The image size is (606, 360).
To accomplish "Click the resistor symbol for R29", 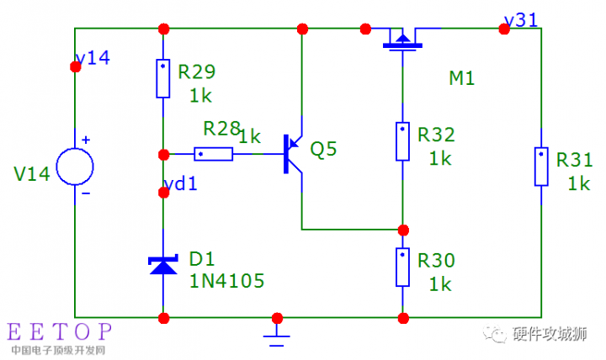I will pyautogui.click(x=163, y=78).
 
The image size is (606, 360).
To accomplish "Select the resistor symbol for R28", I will pyautogui.click(x=214, y=154).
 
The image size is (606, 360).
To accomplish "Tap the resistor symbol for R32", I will pyautogui.click(x=402, y=140).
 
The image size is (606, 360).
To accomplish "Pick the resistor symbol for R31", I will pyautogui.click(x=540, y=167).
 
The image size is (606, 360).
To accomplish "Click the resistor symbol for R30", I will pyautogui.click(x=402, y=268).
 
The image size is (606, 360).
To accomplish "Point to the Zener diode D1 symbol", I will pyautogui.click(x=163, y=264).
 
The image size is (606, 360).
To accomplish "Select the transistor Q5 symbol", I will pyautogui.click(x=294, y=154).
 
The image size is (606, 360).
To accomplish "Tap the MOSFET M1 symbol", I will pyautogui.click(x=402, y=39).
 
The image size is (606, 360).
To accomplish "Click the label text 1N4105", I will pyautogui.click(x=227, y=281).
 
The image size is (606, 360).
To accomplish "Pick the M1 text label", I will pyautogui.click(x=461, y=78).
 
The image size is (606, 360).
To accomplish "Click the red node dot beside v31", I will pyautogui.click(x=504, y=29).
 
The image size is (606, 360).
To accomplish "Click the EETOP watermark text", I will pyautogui.click(x=59, y=331).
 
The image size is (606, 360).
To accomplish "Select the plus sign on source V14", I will pyautogui.click(x=86, y=140).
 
